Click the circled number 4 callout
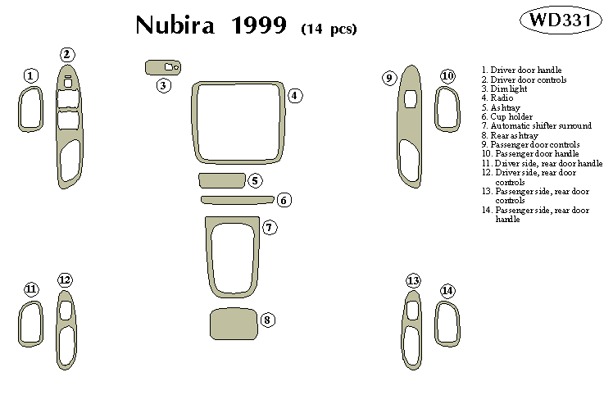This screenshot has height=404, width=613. coord(296,96)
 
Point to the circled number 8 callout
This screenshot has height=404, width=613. coord(267,320)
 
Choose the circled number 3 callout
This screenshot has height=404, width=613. coord(165,84)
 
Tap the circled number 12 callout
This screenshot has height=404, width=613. coord(66,280)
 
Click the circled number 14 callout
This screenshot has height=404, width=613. coord(447,291)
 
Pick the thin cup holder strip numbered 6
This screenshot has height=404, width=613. coord(236,198)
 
